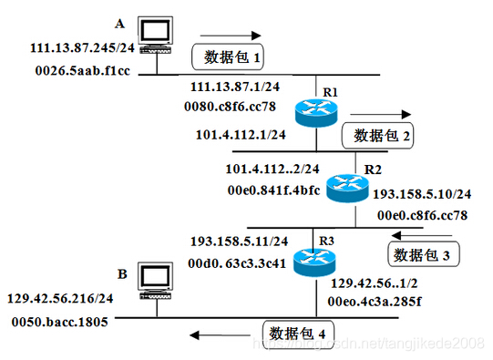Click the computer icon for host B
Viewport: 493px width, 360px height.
click(x=150, y=281)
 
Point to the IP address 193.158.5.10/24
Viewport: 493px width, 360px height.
click(x=423, y=195)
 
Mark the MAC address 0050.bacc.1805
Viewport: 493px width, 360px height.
click(x=60, y=322)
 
